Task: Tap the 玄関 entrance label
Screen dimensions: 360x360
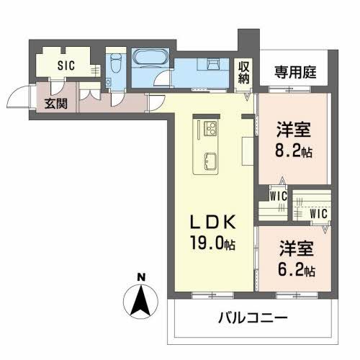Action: pyautogui.click(x=56, y=103)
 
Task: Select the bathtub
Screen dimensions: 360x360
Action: pyautogui.click(x=150, y=58)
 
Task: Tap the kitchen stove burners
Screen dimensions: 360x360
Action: pyautogui.click(x=212, y=129)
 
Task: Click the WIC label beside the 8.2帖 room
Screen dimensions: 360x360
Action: pyautogui.click(x=279, y=195)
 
